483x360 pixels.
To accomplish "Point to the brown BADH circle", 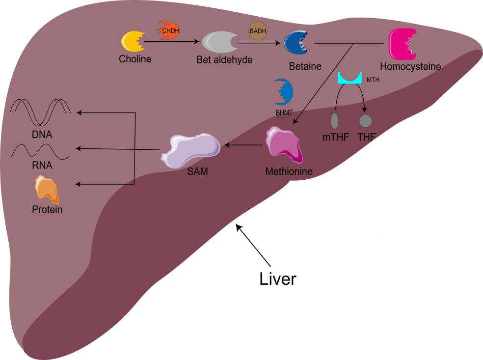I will tap(258, 30).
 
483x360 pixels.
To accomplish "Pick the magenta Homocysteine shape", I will tap(403, 44).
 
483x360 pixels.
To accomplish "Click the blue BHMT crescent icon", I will tap(284, 91).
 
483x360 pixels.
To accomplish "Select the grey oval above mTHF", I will tap(335, 121).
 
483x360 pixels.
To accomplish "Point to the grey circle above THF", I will tap(366, 121).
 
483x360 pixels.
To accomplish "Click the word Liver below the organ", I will tap(278, 278).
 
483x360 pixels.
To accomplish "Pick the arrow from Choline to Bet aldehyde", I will tap(171, 43).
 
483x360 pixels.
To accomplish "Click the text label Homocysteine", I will tap(410, 66).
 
